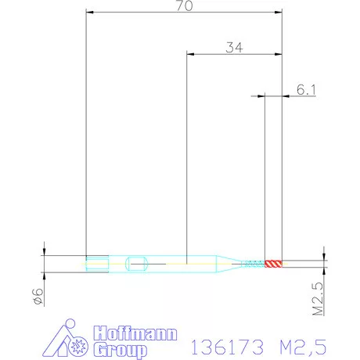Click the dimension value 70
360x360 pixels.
click(x=185, y=5)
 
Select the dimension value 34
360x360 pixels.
click(x=234, y=48)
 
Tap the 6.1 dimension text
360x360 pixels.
click(x=306, y=89)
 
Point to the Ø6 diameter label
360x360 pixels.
click(x=38, y=296)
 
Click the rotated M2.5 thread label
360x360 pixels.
click(x=318, y=299)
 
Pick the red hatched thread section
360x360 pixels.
click(x=273, y=264)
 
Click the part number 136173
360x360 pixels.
click(x=228, y=347)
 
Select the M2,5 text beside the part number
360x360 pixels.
click(x=303, y=347)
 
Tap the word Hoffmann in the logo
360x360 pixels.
click(x=135, y=333)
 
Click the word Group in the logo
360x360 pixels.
click(x=121, y=350)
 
